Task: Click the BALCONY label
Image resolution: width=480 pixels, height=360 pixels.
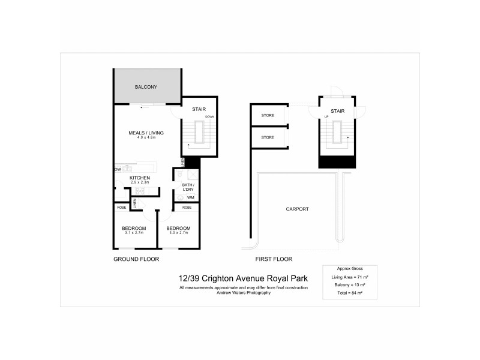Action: coord(146,88)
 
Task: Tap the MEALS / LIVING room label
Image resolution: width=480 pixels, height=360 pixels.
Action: coord(146,133)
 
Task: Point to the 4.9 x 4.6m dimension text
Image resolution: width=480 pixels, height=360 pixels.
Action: coord(146,138)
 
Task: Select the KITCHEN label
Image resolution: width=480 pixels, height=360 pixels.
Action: coord(139,178)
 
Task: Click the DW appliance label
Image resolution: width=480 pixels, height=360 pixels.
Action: coord(118,170)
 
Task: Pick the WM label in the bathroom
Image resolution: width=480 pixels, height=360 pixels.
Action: coord(190,197)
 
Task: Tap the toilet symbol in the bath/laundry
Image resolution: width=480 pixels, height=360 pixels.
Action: coord(181,197)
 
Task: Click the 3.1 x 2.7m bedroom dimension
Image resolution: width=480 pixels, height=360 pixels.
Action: coord(134,233)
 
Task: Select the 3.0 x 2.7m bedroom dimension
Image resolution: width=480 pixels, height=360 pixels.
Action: coord(178,233)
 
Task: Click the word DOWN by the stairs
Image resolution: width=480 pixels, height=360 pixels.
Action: coord(209,116)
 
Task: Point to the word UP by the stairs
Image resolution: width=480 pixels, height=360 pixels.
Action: coord(326,116)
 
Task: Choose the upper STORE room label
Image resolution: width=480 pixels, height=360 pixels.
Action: coord(268,115)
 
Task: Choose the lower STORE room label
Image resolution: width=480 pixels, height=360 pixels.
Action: coord(268,137)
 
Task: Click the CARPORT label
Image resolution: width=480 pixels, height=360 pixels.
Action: coord(297,209)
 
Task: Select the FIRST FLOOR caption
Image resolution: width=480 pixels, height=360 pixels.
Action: coord(274,259)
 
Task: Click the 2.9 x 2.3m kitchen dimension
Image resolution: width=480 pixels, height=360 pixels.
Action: coord(139,184)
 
